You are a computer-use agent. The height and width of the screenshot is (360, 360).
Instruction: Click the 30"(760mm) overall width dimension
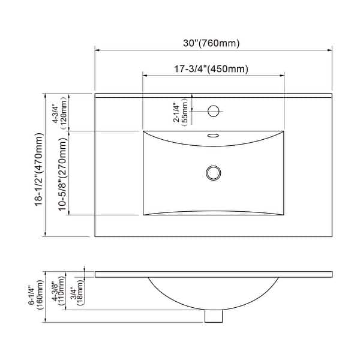212,43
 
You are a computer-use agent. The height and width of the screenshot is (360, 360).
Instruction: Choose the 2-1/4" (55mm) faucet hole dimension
181,112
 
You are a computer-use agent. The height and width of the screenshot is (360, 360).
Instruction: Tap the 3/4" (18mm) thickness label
76,290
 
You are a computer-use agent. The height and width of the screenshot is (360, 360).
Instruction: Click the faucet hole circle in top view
212,111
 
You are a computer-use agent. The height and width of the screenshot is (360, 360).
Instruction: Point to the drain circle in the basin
212,173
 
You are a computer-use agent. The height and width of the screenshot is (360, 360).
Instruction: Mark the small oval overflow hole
212,136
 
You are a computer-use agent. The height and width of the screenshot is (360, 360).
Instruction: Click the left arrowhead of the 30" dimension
97,50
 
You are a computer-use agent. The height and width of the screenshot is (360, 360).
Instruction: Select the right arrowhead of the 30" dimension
331,50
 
